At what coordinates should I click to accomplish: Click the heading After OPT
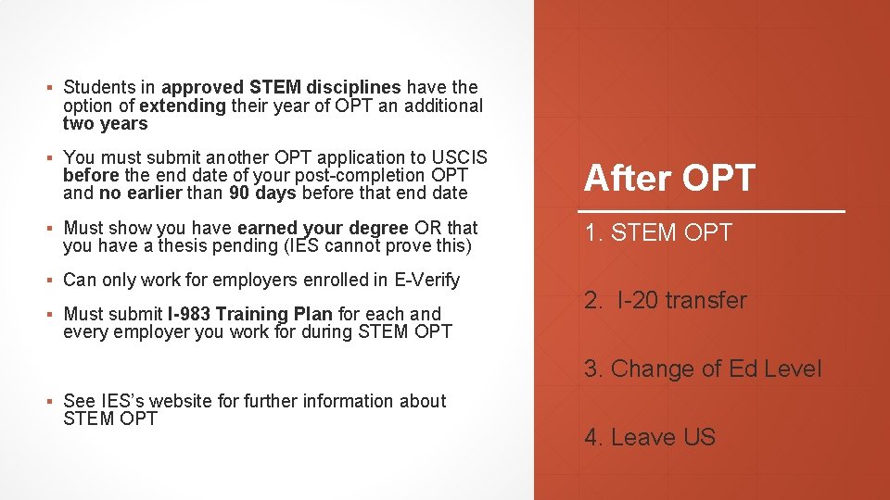pos(669,178)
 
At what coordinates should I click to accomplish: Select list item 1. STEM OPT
pos(657,233)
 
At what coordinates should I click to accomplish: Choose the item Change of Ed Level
pos(703,369)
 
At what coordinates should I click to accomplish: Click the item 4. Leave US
pos(650,437)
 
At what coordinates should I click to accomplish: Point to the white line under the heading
pos(714,212)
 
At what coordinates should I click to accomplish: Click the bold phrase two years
pos(105,124)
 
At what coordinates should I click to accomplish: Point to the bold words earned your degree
pos(322,228)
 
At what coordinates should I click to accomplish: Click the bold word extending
pos(183,106)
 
